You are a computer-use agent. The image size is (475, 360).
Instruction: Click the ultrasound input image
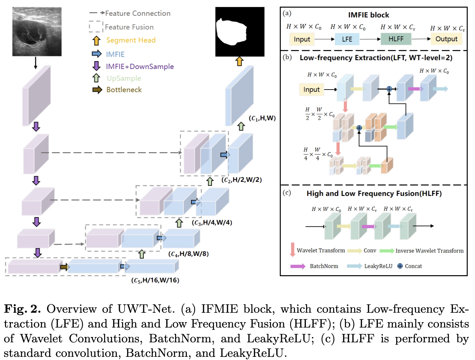(37, 32)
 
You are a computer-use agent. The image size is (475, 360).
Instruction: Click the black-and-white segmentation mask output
(240, 32)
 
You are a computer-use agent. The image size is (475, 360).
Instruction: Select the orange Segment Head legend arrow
(97, 40)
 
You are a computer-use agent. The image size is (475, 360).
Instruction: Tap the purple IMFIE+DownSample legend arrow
(97, 66)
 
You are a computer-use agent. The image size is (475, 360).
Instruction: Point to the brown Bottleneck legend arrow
(97, 90)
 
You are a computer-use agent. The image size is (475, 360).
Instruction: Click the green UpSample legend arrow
(97, 78)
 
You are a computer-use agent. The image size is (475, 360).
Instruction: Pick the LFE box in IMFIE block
(347, 39)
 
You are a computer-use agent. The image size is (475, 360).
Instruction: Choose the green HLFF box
(396, 39)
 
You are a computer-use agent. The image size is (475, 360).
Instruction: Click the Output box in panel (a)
(446, 39)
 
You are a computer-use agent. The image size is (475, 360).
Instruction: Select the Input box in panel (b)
(311, 90)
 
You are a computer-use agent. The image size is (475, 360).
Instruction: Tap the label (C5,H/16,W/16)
(155, 280)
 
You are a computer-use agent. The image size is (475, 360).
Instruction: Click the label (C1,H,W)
(262, 118)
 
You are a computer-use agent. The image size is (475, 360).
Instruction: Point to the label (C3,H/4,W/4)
(212, 223)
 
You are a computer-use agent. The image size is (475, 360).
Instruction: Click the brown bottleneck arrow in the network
(64, 267)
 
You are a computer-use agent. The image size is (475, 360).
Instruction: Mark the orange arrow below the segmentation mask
(239, 61)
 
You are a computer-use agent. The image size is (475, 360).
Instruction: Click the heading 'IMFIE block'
(368, 15)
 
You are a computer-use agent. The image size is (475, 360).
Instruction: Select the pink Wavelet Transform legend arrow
(292, 249)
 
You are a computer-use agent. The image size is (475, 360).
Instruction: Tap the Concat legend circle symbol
(400, 266)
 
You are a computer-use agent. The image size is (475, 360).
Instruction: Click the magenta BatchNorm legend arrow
(298, 266)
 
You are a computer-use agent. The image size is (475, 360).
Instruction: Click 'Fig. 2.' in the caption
(22, 309)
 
